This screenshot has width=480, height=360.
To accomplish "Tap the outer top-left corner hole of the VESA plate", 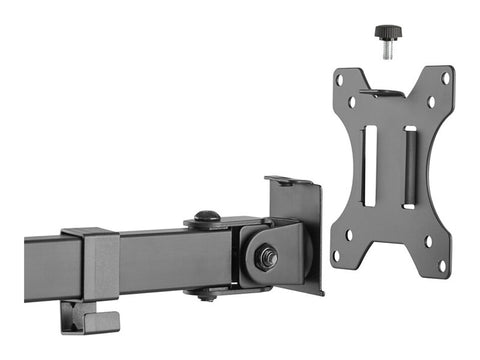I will tap(340, 80).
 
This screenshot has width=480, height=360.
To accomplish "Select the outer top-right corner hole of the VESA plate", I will tap(445, 78).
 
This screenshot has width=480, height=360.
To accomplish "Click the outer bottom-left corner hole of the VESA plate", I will tap(338, 254).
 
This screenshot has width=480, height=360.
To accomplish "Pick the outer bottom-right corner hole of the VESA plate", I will tap(442, 265).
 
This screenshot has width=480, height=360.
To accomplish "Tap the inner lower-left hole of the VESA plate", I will tap(349, 235).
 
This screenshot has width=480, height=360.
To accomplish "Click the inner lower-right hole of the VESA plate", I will tap(428, 241).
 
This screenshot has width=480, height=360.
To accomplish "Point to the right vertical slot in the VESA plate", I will tap(409, 167).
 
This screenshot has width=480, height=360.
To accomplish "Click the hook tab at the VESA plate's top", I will tap(382, 93).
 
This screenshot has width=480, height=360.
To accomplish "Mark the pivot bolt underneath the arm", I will tap(207, 294).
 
